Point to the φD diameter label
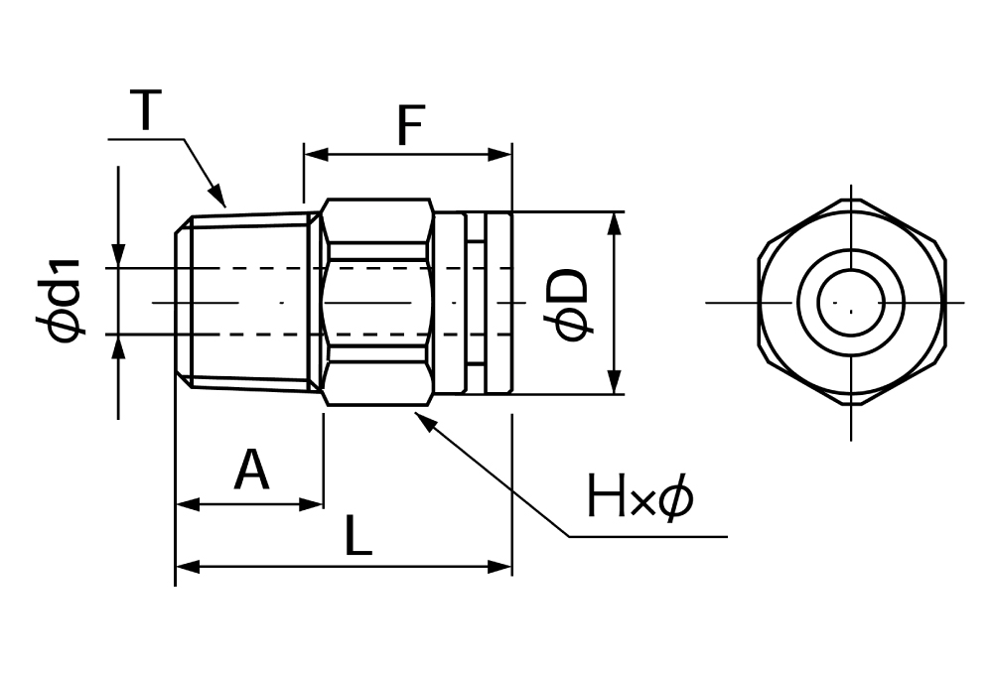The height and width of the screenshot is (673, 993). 573,302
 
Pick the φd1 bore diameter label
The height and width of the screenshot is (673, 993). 66,301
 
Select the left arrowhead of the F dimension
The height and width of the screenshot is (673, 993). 311,155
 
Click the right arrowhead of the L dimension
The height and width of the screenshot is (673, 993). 504,567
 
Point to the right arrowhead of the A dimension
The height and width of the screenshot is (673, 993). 316,504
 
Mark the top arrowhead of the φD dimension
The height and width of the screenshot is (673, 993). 616,220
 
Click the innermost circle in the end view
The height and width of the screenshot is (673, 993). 850,300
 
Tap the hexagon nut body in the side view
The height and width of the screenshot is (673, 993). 377,302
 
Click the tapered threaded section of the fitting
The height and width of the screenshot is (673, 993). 248,302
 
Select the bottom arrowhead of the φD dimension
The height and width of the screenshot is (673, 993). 616,386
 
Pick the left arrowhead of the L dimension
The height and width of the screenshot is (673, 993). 184,567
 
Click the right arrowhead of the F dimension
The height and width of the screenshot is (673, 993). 503,155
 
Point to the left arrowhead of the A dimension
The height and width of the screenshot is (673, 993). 184,504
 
